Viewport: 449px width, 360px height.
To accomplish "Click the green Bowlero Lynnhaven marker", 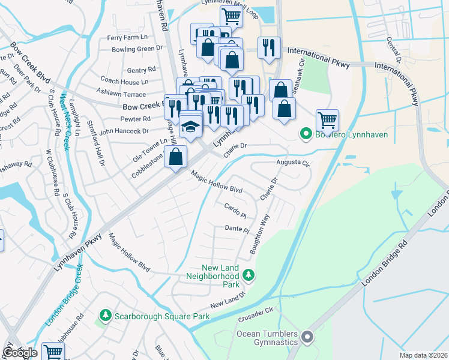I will (x=306, y=134).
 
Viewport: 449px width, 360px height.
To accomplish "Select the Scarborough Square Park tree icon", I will (x=106, y=315).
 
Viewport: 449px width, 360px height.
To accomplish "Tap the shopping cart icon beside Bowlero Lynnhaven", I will (x=327, y=119).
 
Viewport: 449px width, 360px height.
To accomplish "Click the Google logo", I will (x=20, y=353).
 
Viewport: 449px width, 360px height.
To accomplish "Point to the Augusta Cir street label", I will (x=292, y=163).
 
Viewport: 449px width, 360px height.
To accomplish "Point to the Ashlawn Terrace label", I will (x=122, y=94).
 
